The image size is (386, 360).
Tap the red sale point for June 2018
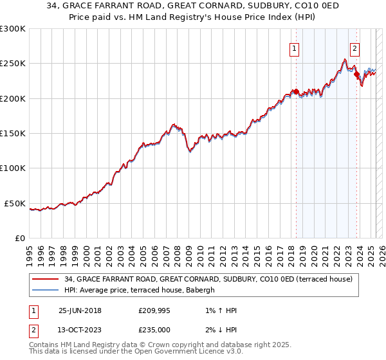tap(296, 91)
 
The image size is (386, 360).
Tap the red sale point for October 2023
tap(356, 74)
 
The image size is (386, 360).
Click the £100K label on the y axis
tap(13, 168)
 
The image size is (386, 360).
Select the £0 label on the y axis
tap(19, 238)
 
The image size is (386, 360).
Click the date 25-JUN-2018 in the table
tap(80, 310)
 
